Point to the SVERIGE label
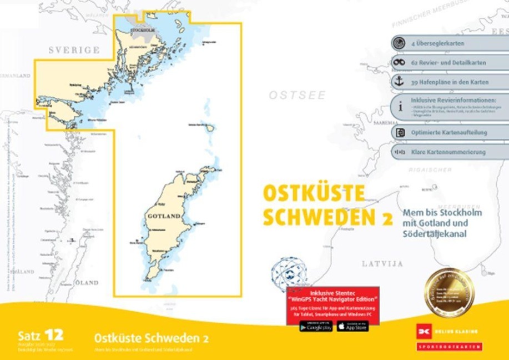tap(74, 50)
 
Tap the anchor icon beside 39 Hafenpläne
tap(399, 81)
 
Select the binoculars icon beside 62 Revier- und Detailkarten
tap(399, 62)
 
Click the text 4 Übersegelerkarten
tap(437, 43)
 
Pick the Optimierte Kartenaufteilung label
tap(449, 133)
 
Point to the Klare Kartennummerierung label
tap(448, 152)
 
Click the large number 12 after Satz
tap(54, 334)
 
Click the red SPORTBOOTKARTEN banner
tap(448, 347)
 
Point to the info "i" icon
tap(399, 105)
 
